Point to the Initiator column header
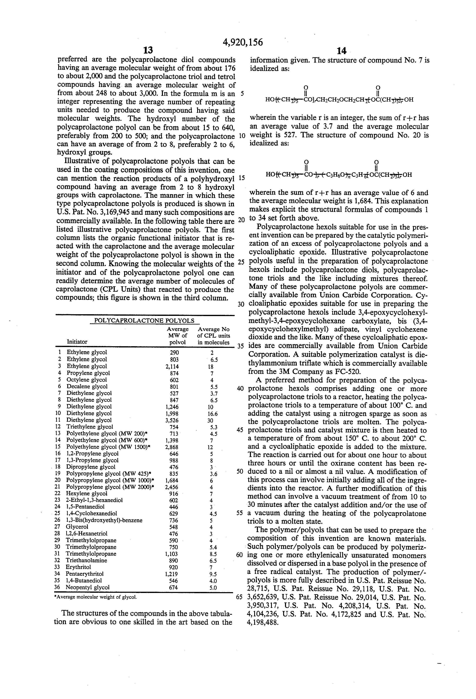coord(77,342)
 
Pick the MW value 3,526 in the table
coord(172,420)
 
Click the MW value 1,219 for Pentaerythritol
coord(172,574)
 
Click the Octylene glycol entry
coord(87,380)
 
